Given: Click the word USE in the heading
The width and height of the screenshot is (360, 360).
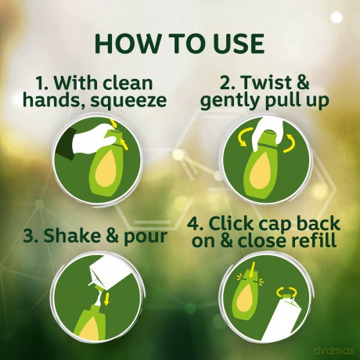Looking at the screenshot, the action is [239, 43].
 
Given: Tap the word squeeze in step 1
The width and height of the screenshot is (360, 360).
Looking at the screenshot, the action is [128, 101].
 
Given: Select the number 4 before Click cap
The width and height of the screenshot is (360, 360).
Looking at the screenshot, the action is [194, 224].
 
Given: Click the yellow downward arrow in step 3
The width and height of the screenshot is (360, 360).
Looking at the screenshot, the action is [106, 300].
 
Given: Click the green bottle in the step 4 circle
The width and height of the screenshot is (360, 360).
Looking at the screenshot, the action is [247, 294].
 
